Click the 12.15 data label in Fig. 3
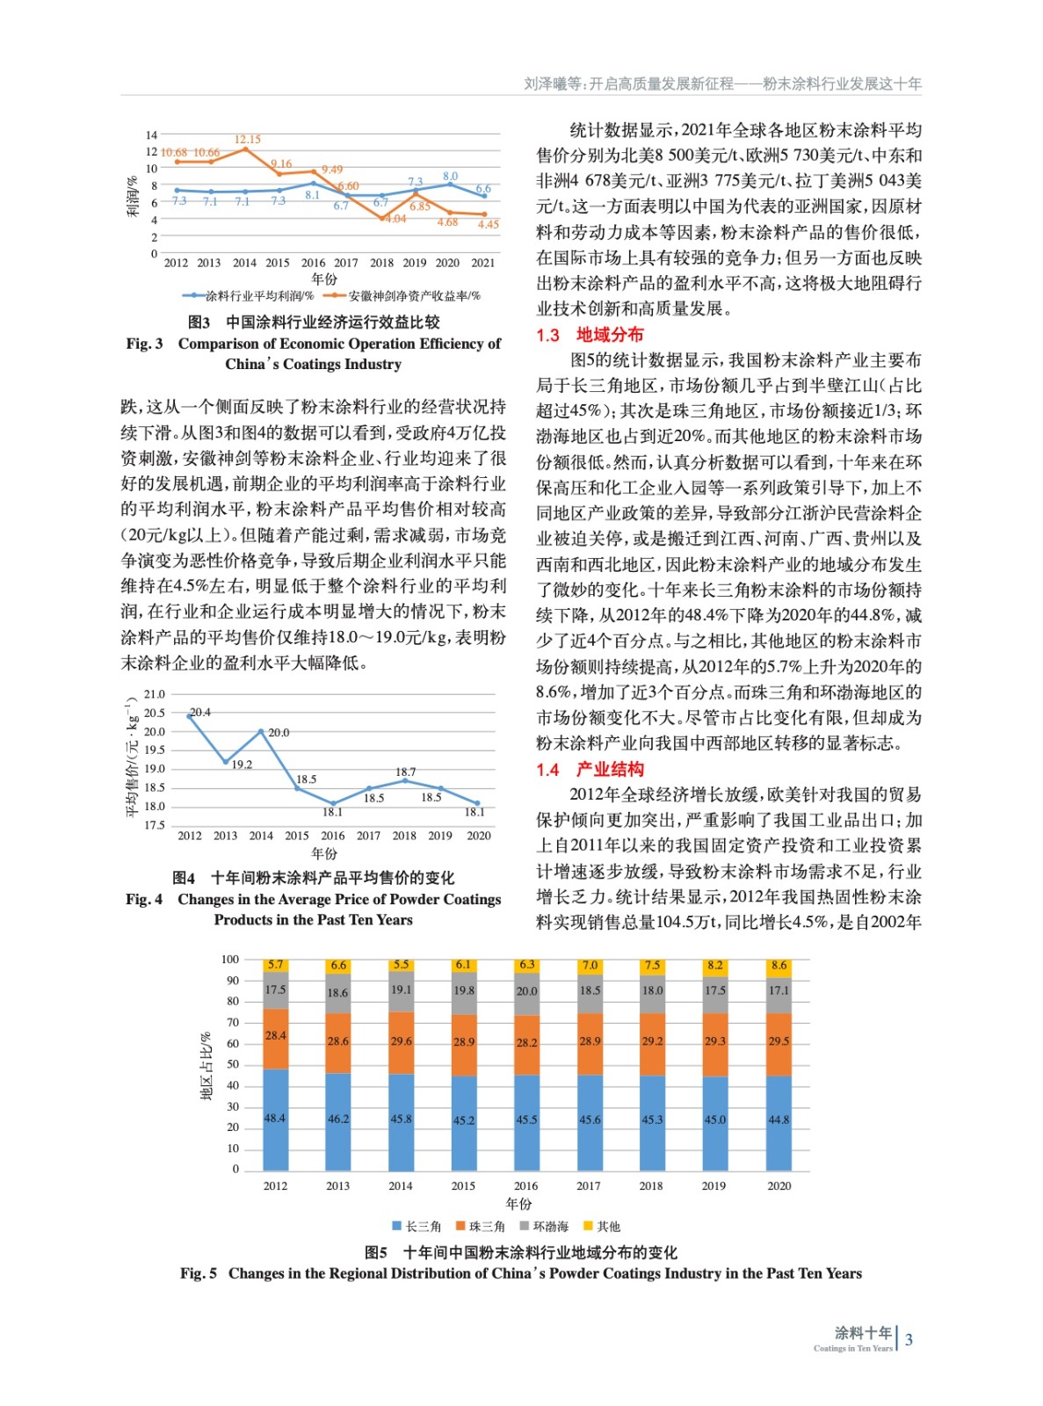pyautogui.click(x=247, y=140)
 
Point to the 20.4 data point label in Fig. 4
pyautogui.click(x=200, y=713)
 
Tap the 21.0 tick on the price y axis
pyautogui.click(x=155, y=694)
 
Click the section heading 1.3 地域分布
pyautogui.click(x=590, y=335)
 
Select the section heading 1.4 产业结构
pyautogui.click(x=590, y=770)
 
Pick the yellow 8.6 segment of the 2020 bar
pyautogui.click(x=779, y=966)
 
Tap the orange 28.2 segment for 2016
pyautogui.click(x=526, y=1043)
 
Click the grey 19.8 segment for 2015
pyautogui.click(x=464, y=991)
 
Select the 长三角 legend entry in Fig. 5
pyautogui.click(x=417, y=1227)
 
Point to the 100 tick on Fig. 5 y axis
pyautogui.click(x=230, y=960)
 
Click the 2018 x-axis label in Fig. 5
pyautogui.click(x=651, y=1186)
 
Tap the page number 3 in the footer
pyautogui.click(x=909, y=1340)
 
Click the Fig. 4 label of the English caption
pyautogui.click(x=144, y=900)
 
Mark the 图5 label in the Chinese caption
pyautogui.click(x=376, y=1252)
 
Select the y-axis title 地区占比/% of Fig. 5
pyautogui.click(x=206, y=1065)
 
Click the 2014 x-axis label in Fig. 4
pyautogui.click(x=261, y=836)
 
